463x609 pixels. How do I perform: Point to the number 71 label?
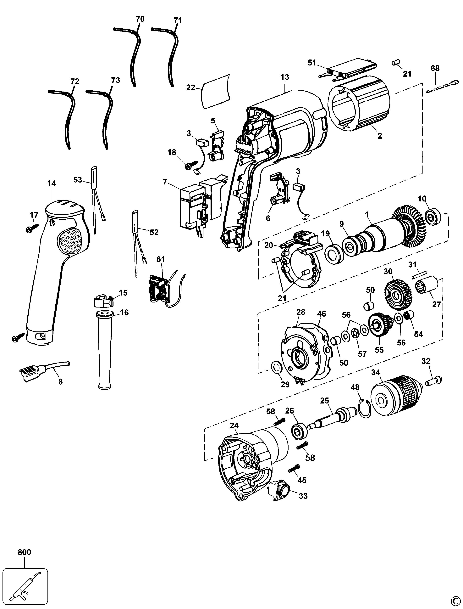(178, 21)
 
